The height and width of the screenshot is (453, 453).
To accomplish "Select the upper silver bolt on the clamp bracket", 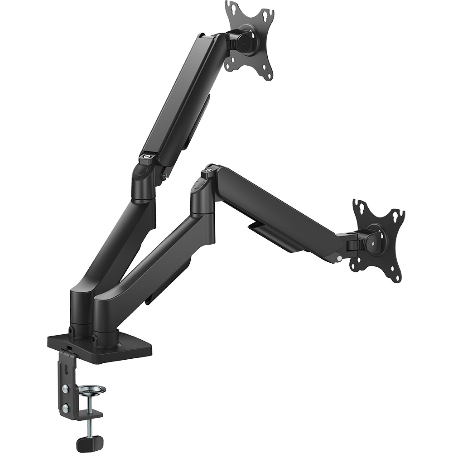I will [x=65, y=389].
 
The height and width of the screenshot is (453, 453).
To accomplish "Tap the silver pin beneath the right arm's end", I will [x=339, y=259].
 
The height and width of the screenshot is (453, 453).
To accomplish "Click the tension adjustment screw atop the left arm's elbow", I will [x=146, y=157].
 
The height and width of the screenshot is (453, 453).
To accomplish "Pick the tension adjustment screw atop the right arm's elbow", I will [x=209, y=171].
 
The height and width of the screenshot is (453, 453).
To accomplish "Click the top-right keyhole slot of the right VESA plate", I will [x=399, y=214].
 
